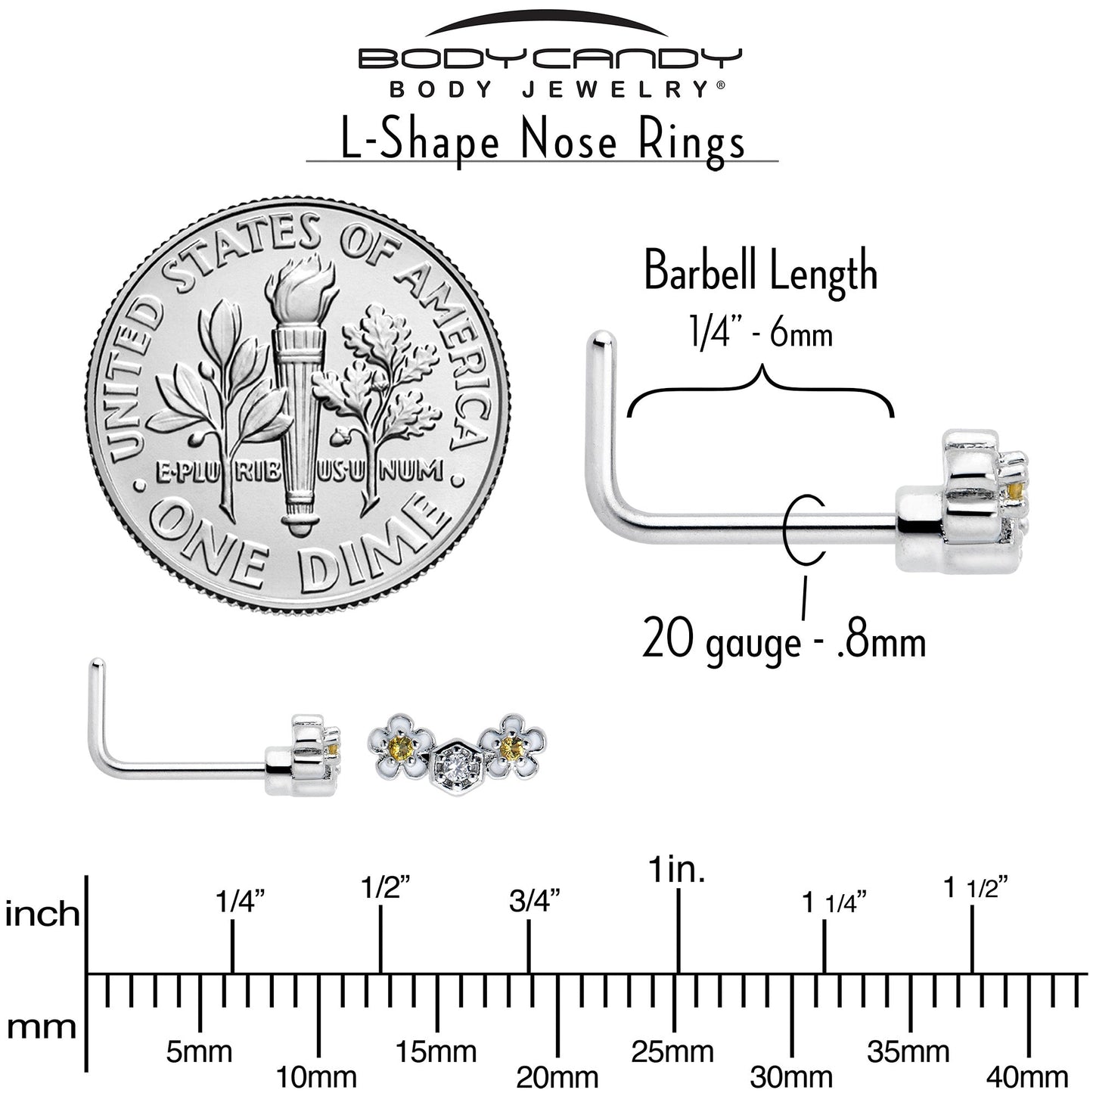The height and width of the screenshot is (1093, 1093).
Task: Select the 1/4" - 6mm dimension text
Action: pos(760,334)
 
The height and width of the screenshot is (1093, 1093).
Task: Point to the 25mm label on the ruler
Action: pos(672,1036)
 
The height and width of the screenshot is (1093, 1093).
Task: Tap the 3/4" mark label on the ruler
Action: pos(534,901)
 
